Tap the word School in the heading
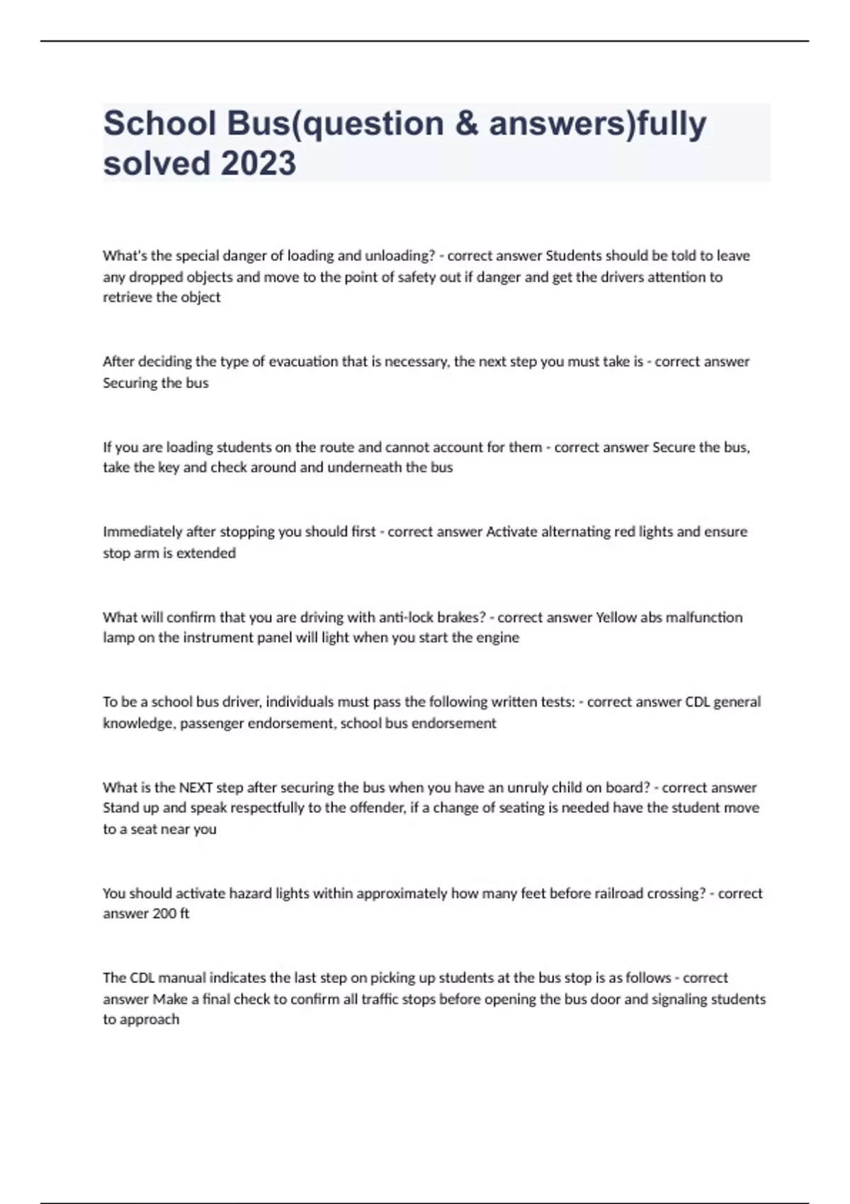tap(160, 123)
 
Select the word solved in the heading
tap(156, 163)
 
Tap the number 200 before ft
tap(164, 914)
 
